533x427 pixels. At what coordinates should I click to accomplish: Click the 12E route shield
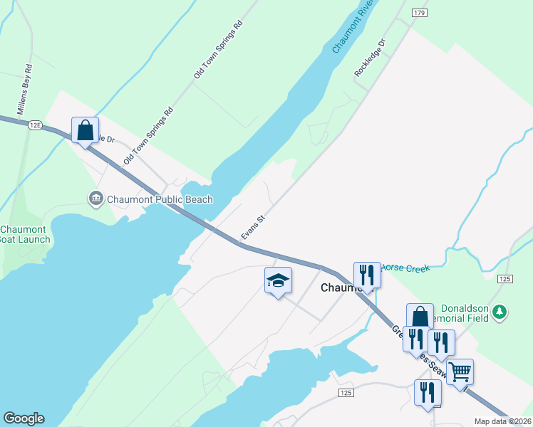coord(36,125)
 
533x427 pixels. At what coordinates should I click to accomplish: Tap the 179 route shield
coord(419,13)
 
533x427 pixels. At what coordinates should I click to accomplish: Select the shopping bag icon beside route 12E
coord(86,131)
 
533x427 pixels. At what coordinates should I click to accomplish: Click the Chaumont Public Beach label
coord(160,199)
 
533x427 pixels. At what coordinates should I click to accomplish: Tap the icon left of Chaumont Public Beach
coord(95,199)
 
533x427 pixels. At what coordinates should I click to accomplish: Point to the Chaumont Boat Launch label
coord(25,234)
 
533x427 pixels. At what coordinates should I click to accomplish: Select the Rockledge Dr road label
coord(369,58)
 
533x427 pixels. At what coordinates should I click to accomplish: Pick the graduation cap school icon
coord(278,280)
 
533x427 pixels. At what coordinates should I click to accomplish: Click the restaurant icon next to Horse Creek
coord(367,275)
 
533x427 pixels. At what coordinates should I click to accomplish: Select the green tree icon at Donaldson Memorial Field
coord(500,312)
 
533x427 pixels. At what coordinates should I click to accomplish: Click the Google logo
coord(24,418)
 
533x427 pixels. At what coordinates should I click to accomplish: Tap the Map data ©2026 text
coord(502,421)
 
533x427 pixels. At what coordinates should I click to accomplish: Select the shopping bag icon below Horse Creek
coord(420,316)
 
